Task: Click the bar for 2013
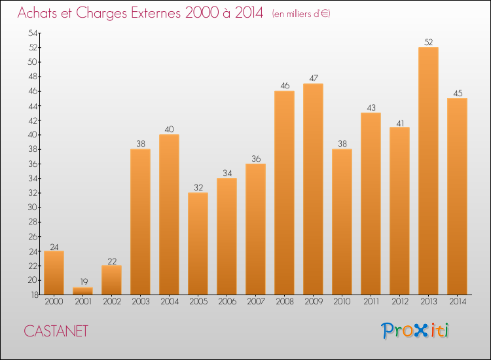pyautogui.click(x=428, y=171)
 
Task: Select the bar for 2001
pyautogui.click(x=82, y=291)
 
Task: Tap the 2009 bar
pyautogui.click(x=313, y=189)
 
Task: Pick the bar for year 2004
pyautogui.click(x=169, y=215)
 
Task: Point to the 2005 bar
pyautogui.click(x=198, y=243)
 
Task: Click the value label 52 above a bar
pyautogui.click(x=428, y=43)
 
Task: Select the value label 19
pyautogui.click(x=82, y=283)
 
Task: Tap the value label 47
pyautogui.click(x=313, y=79)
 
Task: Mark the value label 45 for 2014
pyautogui.click(x=457, y=93)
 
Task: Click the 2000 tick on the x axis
pyautogui.click(x=54, y=301)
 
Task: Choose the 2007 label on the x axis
pyautogui.click(x=255, y=301)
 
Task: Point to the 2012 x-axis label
pyautogui.click(x=399, y=301)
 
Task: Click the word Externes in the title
pyautogui.click(x=151, y=14)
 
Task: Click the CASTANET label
pyautogui.click(x=56, y=331)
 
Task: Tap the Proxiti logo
pyautogui.click(x=416, y=331)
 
